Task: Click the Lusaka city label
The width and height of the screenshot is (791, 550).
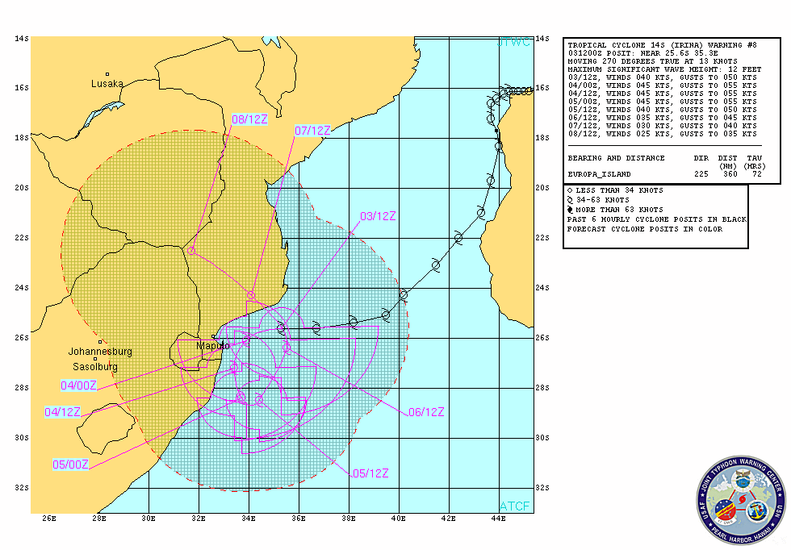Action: point(107,83)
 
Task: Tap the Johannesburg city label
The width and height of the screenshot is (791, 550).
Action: point(99,352)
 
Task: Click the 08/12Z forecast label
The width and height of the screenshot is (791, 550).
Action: point(249,119)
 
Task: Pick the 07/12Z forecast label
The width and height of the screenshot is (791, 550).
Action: point(313,131)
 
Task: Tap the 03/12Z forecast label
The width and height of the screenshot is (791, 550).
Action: point(378,216)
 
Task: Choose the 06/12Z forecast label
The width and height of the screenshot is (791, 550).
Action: point(426,412)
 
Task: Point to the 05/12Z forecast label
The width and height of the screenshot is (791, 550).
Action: point(370,473)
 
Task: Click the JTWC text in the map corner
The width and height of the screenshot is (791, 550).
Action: point(514,42)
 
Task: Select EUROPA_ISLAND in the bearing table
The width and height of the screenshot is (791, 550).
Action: point(601,174)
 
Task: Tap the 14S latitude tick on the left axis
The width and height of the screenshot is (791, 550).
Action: point(22,38)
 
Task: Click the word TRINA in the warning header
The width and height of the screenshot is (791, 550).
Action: point(655,46)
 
